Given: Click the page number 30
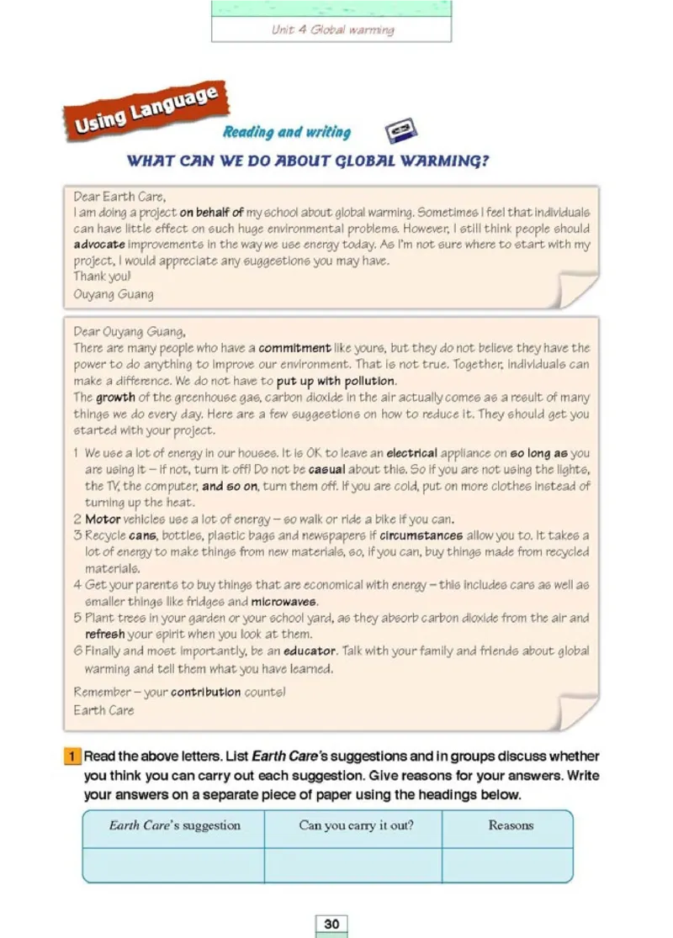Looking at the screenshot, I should tap(331, 924).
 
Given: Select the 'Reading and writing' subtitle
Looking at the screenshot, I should tap(287, 132).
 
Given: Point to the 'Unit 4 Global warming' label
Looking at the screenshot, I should tap(332, 30).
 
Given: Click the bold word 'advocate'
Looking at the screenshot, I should tap(99, 245).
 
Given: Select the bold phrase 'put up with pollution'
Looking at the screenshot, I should tap(325, 381).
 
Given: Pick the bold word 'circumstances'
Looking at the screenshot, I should tap(421, 535).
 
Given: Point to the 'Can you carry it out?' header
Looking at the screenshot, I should tap(356, 825).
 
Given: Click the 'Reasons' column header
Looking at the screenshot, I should tap(511, 825).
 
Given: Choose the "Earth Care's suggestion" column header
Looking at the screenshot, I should tap(174, 825).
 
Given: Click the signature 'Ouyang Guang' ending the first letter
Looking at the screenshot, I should tap(114, 294).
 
